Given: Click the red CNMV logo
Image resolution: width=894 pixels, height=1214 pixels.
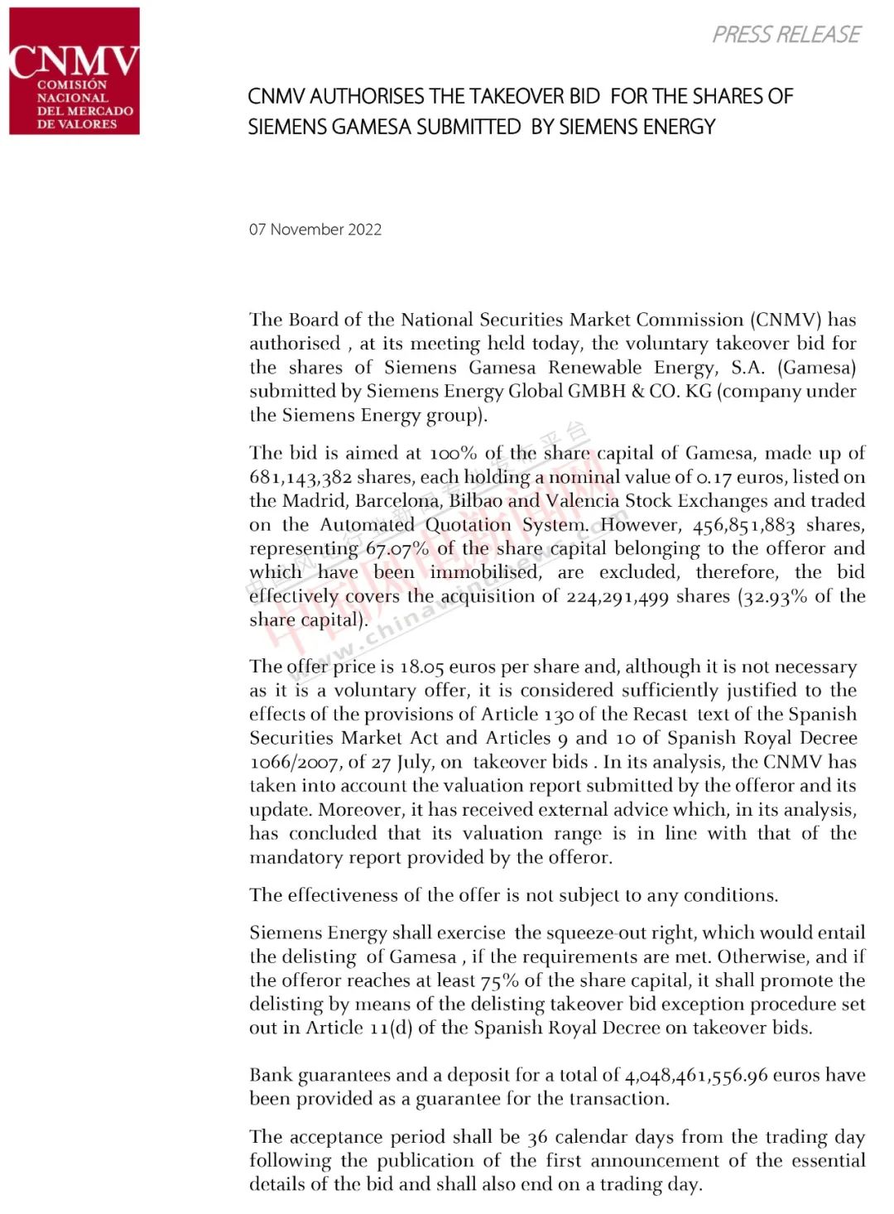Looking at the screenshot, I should click(x=74, y=71).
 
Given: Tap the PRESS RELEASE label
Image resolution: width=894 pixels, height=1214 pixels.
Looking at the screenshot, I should click(x=786, y=35).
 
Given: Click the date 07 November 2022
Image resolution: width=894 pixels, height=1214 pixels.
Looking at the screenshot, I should click(x=315, y=229).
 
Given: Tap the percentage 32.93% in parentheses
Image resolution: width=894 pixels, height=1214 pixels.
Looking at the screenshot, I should click(x=774, y=597).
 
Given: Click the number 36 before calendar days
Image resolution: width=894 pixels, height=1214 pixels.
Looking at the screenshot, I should click(x=538, y=1138).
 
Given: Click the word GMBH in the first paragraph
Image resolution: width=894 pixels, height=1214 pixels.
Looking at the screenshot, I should click(x=597, y=392).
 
